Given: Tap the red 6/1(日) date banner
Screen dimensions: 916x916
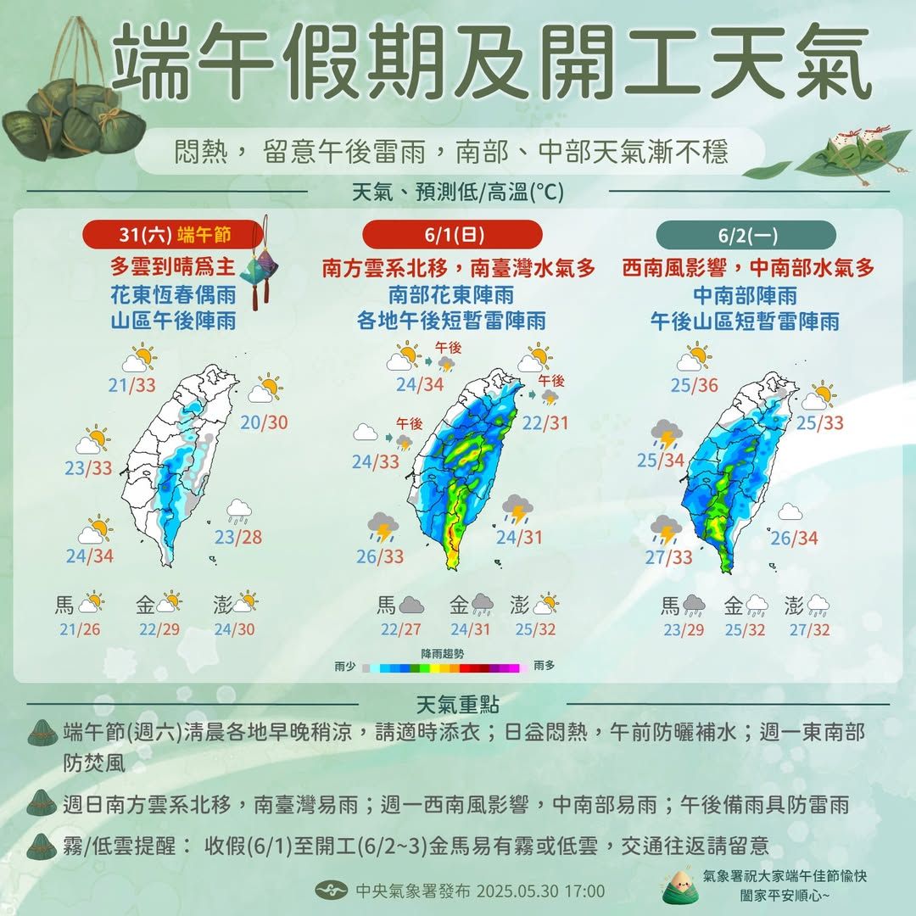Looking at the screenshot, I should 451,233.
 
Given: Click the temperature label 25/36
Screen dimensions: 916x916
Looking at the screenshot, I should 694,386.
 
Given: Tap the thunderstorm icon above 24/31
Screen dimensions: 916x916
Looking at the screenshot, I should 517,510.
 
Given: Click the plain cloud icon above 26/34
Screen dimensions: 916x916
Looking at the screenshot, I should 790,511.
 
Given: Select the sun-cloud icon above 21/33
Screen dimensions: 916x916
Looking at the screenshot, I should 139,359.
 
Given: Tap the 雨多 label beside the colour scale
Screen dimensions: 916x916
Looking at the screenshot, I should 544,667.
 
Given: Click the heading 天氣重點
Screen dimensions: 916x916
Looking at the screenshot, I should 459,705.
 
